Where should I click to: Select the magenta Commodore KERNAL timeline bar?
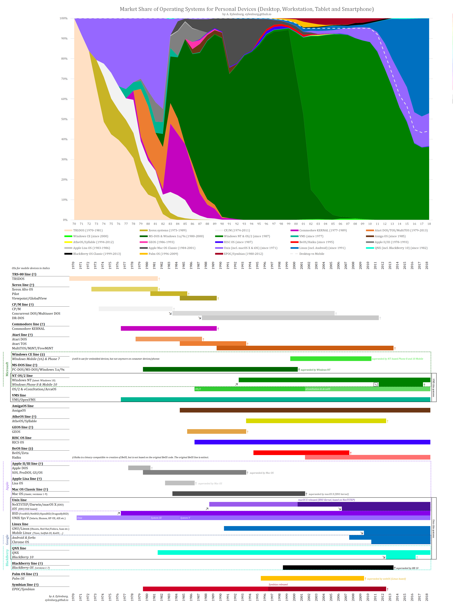click(168, 329)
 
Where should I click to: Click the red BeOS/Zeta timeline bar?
click(301, 453)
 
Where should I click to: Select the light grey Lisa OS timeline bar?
click(180, 483)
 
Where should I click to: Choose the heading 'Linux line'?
click(20, 524)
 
